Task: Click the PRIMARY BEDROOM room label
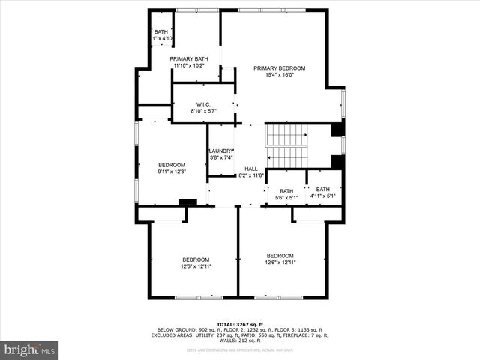pos(279,67)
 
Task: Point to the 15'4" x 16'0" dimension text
pos(279,75)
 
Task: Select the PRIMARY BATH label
pos(188,58)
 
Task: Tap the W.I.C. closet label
pos(203,104)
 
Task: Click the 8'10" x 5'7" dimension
pos(203,111)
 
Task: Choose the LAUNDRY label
pos(221,151)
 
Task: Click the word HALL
pos(250,169)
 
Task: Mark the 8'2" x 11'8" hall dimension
pos(250,175)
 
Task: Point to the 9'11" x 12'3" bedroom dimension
pos(171,172)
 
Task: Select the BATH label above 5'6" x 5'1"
pos(286,190)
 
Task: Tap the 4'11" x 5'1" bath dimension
pos(322,196)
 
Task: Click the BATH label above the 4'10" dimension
pos(161,31)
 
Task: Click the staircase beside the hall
pos(288,146)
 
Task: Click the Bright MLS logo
pos(29,349)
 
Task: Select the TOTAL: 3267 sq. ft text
pos(239,324)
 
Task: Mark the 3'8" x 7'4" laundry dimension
pos(221,157)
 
